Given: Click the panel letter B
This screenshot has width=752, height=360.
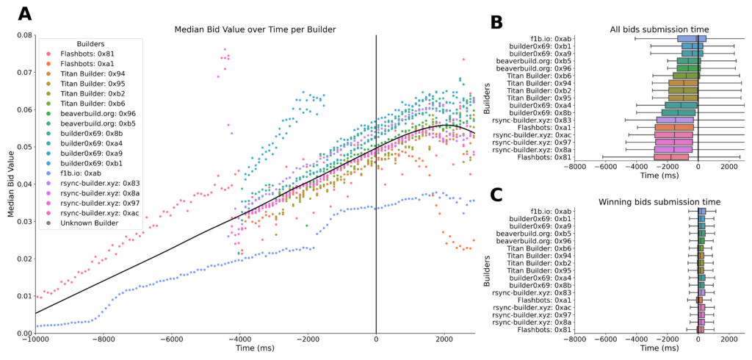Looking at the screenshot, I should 496,22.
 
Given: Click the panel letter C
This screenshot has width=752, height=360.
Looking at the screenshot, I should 496,195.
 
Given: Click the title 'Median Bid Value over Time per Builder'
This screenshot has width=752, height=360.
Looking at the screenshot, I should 255,29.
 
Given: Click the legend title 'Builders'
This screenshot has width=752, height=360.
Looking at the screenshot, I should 82,43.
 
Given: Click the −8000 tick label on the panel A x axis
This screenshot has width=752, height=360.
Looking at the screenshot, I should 103,339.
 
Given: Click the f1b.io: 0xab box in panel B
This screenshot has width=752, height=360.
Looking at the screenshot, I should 691,38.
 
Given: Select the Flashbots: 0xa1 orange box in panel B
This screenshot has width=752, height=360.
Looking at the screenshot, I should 674,127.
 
